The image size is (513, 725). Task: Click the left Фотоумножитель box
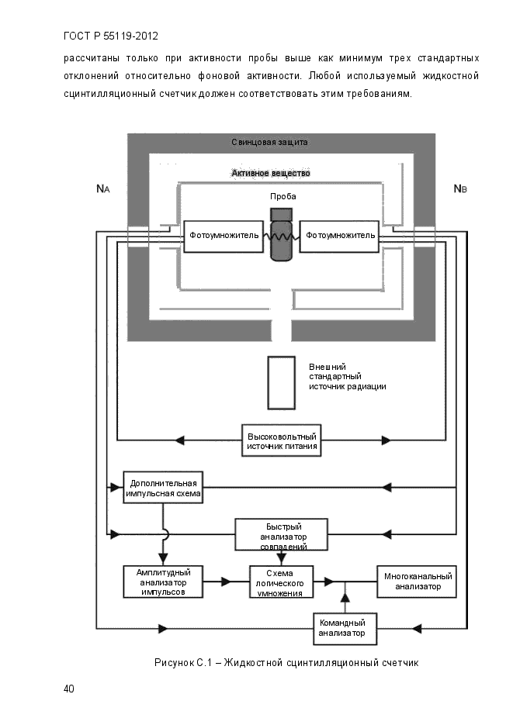[224, 236]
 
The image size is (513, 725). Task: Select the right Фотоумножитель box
[339, 236]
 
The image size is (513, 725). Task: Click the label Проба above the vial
[282, 196]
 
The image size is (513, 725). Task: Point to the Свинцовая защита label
[269, 143]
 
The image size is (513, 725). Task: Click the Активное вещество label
[271, 173]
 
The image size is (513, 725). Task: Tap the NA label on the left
[102, 188]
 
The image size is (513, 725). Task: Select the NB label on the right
[460, 188]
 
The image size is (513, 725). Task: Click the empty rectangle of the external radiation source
[281, 383]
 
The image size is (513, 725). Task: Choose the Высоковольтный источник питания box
[281, 441]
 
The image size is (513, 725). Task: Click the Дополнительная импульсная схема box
[163, 488]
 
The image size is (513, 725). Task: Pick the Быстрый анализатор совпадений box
[281, 534]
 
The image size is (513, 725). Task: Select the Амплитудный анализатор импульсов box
[163, 582]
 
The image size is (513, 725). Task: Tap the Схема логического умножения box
[281, 582]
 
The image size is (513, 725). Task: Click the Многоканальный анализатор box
[417, 582]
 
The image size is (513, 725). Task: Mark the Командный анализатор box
[345, 629]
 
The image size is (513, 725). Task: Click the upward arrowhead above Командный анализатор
[345, 597]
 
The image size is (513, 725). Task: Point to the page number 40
[68, 689]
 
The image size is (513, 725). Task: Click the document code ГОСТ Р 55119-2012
[111, 36]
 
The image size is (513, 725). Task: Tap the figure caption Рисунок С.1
[183, 663]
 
